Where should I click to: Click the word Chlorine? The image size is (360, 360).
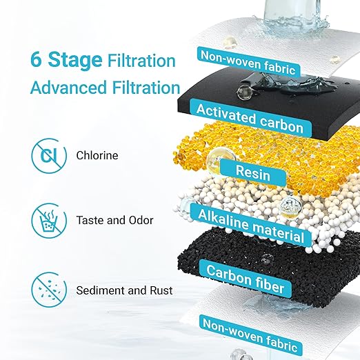pyautogui.click(x=97, y=156)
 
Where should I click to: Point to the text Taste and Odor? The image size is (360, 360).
pyautogui.click(x=114, y=221)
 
